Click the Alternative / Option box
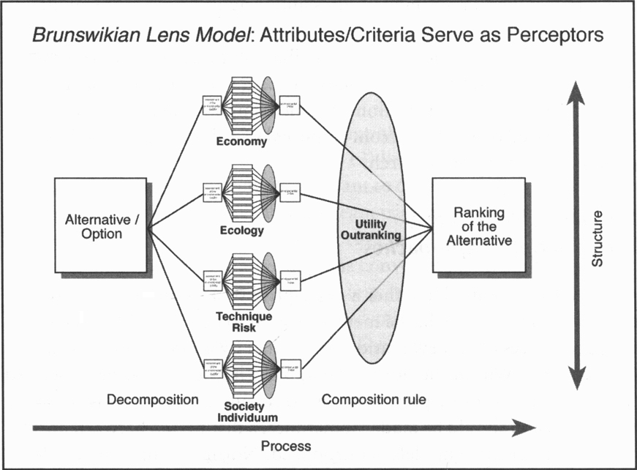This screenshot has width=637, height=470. click(x=101, y=225)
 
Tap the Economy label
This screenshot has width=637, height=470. click(x=241, y=142)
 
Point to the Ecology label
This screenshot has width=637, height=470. click(x=241, y=231)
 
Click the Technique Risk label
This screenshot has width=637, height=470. click(x=244, y=322)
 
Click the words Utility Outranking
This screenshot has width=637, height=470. click(x=371, y=229)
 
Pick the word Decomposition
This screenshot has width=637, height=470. click(x=152, y=400)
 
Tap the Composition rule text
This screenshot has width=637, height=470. click(x=374, y=400)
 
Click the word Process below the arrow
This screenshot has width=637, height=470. click(x=286, y=446)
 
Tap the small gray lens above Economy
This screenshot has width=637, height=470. click(x=268, y=104)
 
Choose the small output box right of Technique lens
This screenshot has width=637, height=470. click(x=290, y=283)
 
